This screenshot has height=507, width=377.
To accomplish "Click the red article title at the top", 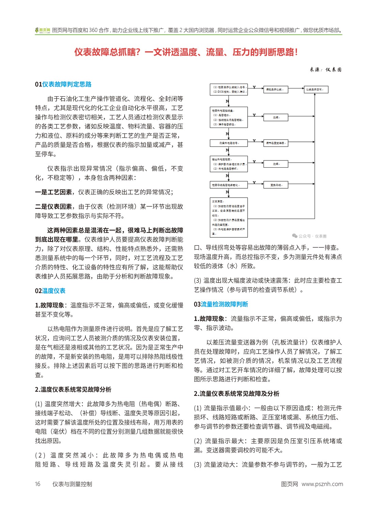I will [186, 52].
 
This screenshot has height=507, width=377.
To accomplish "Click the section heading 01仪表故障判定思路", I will [63, 84].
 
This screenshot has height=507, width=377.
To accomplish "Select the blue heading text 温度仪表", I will [53, 291].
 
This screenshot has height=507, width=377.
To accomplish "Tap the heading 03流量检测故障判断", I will [221, 304].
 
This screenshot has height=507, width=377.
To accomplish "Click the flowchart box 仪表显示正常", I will [316, 89].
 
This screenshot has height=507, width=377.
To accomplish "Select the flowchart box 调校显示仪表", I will [276, 89].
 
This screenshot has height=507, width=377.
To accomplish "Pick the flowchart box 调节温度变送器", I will [276, 143].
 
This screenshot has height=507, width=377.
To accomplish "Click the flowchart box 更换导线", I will [276, 185].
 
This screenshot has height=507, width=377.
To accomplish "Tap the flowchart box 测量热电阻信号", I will [229, 143].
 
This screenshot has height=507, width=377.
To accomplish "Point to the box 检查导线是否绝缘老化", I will [229, 185].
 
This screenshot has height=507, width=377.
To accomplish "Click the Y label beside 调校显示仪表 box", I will [254, 88].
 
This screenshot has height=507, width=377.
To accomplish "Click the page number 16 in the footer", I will [37, 484].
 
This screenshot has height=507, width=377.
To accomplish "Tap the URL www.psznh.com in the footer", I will [322, 484].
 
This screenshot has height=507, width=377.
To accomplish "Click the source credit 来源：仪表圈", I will [325, 70].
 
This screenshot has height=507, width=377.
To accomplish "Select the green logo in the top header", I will [43, 30].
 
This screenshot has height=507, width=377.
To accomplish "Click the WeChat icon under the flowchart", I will [295, 236].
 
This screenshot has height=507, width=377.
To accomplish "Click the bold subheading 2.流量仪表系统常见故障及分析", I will [236, 393].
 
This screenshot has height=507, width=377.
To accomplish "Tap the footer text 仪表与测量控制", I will [72, 484].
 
